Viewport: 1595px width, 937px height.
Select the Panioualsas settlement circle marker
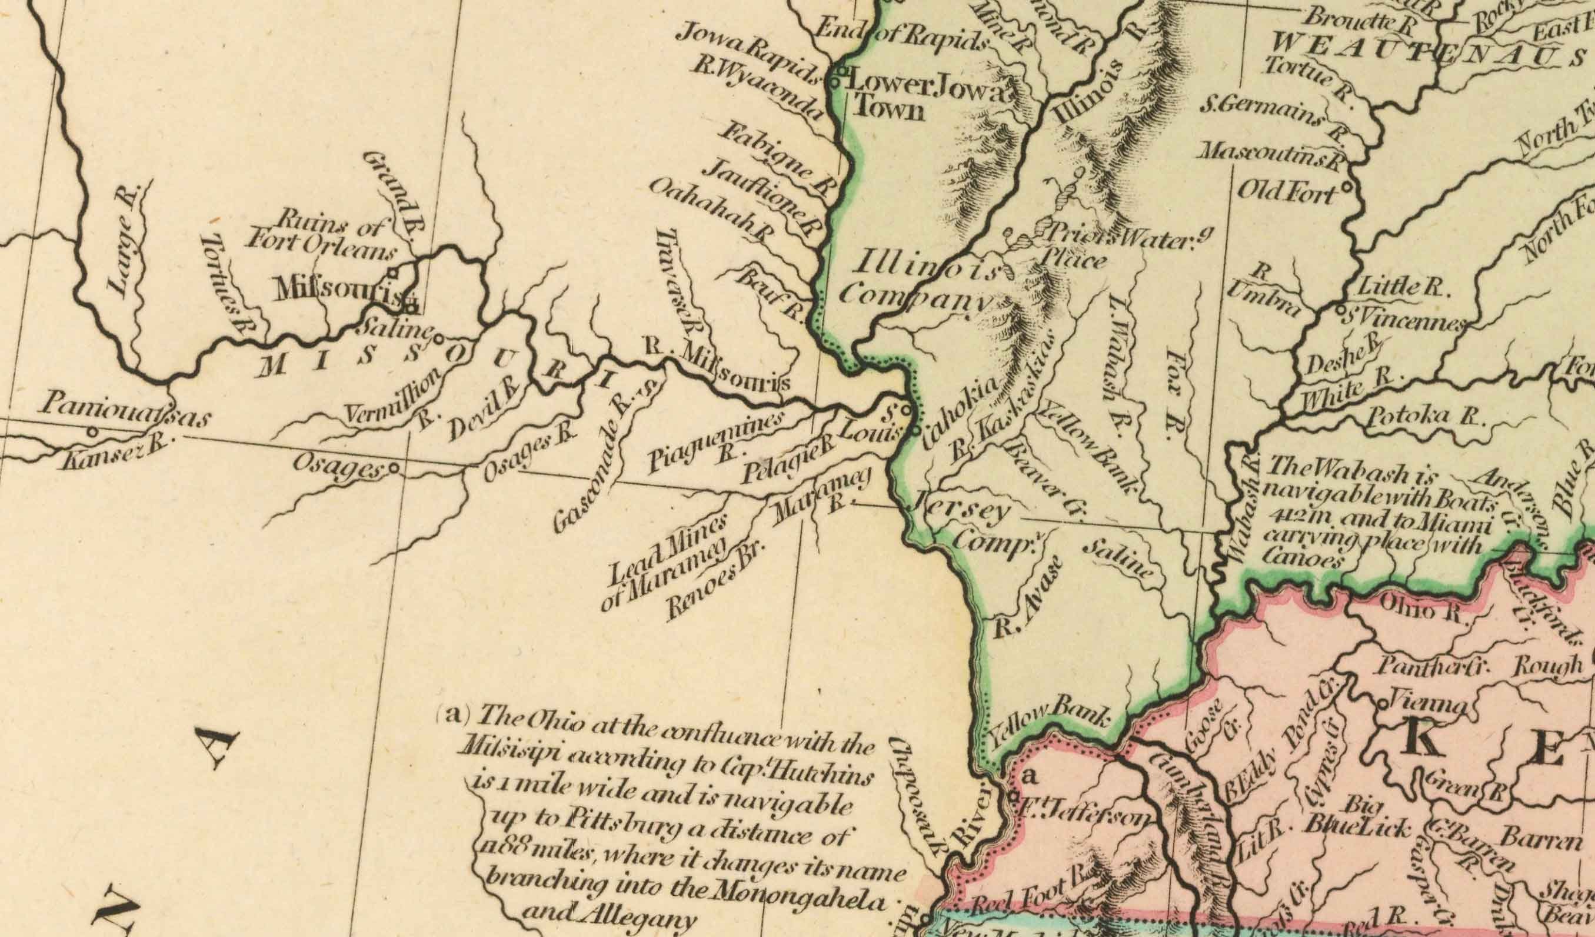click(93, 433)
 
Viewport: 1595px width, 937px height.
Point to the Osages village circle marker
click(394, 469)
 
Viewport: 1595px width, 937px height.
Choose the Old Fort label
click(1288, 192)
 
